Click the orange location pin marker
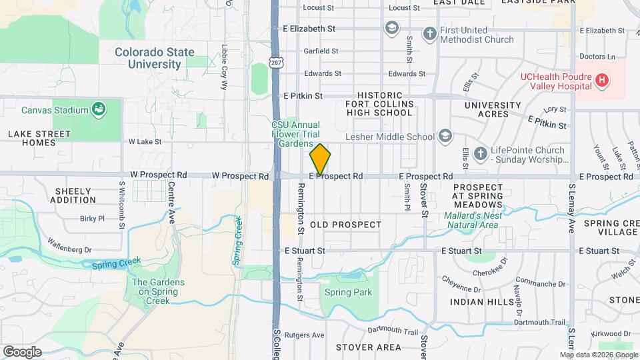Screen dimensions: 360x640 point(320,159)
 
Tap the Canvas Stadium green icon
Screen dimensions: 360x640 point(99,109)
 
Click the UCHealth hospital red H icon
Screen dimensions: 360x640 point(601,81)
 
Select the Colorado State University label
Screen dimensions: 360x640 point(154,58)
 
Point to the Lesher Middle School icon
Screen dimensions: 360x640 point(445,137)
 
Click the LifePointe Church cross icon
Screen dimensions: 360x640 point(479,155)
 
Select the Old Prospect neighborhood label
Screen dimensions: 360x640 point(345,225)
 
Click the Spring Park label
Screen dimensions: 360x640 point(347,292)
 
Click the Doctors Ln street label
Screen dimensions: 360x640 point(597,57)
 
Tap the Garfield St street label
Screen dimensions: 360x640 point(321,51)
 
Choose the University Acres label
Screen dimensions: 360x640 point(493,110)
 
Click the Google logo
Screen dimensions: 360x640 point(22,352)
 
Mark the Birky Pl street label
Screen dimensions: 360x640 point(92,218)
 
